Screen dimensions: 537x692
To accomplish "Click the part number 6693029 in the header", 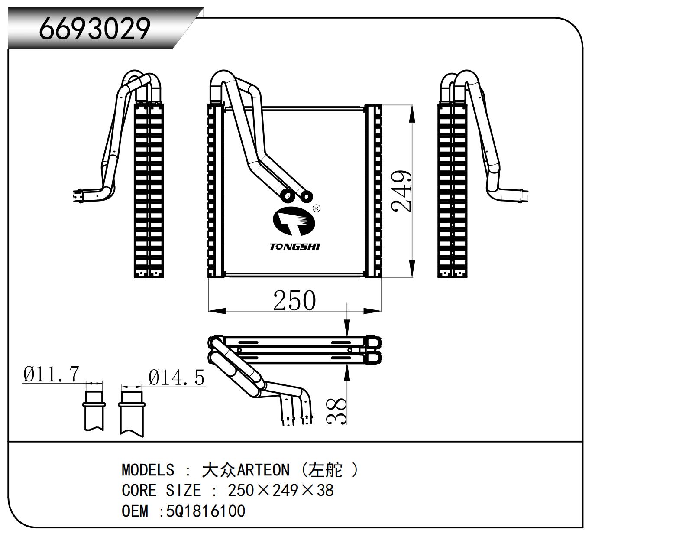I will tap(94, 29).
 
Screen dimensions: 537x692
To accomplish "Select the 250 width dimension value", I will tap(294, 300).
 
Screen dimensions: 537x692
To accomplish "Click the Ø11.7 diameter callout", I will tap(52, 374).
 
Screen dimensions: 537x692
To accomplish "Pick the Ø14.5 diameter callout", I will tap(176, 378).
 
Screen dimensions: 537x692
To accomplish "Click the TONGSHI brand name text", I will tap(294, 247).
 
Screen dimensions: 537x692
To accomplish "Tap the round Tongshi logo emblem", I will tap(294, 221).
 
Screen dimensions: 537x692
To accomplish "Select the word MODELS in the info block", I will tap(148, 470).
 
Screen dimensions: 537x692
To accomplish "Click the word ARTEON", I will tap(263, 470).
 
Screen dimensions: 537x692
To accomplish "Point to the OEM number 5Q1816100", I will tap(206, 511).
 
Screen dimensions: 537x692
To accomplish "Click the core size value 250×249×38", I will tap(281, 490).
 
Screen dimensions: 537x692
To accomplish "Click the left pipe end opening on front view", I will tap(287, 196).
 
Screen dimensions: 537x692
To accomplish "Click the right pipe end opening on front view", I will tap(306, 197).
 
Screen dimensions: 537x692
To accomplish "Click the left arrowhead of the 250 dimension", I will tap(217, 311).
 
